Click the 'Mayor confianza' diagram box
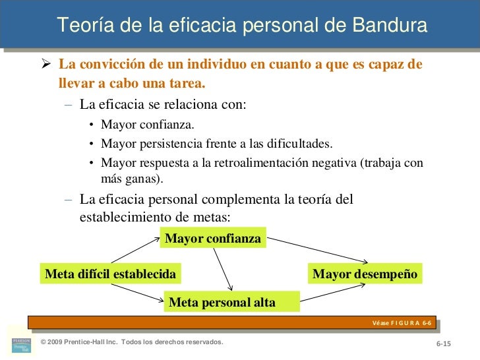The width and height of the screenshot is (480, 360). (x=213, y=238)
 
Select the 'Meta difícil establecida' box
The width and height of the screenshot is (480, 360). (x=110, y=274)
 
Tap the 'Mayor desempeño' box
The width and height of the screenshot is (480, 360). (x=365, y=274)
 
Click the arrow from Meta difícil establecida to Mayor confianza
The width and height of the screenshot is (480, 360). (x=136, y=251)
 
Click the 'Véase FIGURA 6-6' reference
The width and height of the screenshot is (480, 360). (x=401, y=322)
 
